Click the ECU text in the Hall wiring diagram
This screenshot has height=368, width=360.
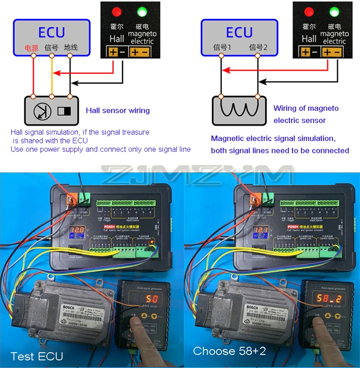coord(52,32)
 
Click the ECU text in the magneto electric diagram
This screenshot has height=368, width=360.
coord(239,32)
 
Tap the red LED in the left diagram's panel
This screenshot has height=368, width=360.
coord(116,12)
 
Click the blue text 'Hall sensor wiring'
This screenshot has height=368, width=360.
coord(118,111)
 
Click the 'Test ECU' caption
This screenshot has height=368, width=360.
coord(37,356)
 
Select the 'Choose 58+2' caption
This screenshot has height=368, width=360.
coord(229,351)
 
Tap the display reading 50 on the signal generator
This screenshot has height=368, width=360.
coord(152,299)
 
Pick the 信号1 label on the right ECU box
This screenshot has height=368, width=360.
coord(222,47)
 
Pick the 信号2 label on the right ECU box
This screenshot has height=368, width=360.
coord(259,47)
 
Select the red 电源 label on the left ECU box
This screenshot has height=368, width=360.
coord(32,47)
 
